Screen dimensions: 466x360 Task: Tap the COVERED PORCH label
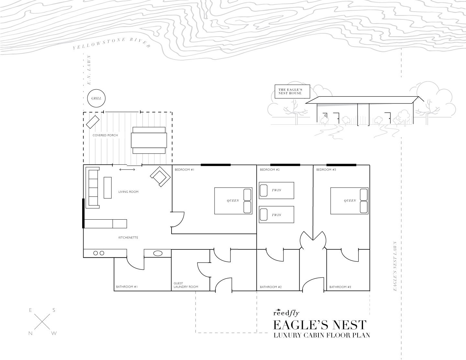105,135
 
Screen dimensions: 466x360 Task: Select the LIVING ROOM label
128,192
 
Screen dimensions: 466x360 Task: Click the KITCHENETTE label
128,238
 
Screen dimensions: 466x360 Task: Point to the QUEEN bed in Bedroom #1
233,201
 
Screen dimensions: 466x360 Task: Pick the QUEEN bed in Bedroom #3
349,201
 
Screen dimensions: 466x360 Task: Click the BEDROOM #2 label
270,170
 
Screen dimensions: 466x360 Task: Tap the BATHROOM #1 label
127,287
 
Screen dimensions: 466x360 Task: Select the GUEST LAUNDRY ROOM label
186,285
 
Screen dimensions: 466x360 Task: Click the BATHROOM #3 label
340,287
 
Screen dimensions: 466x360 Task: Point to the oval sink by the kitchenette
158,253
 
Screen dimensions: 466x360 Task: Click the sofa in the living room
93,188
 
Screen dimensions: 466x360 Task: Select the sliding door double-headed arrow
127,170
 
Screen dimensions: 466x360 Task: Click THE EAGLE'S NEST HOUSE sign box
292,92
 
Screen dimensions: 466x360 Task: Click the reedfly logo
286,313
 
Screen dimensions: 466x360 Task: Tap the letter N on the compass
30,333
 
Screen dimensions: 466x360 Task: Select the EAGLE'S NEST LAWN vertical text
395,266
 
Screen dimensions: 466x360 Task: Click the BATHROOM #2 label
271,287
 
